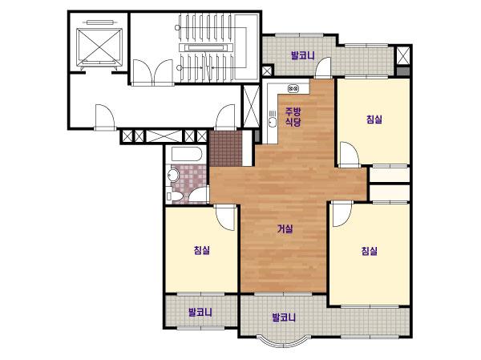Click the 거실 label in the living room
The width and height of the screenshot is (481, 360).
click(285, 229)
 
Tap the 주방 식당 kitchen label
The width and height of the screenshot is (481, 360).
click(293, 116)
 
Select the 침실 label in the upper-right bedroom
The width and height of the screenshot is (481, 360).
click(374, 119)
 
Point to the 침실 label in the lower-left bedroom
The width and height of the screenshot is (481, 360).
click(202, 250)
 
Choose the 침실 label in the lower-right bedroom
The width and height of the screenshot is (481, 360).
click(370, 251)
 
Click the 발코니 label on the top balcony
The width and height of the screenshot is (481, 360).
click(303, 55)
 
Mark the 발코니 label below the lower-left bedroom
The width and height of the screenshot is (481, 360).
click(200, 313)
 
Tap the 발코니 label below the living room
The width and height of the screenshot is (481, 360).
click(284, 317)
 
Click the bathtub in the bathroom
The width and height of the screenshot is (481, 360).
click(187, 154)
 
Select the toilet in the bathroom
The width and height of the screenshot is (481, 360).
click(174, 196)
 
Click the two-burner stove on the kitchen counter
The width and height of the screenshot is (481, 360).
click(293, 89)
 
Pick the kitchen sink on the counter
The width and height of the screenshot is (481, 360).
click(272, 119)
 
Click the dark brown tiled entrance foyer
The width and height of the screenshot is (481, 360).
click(226, 149)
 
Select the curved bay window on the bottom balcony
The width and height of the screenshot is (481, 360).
click(284, 343)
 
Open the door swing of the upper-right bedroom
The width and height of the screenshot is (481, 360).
click(349, 155)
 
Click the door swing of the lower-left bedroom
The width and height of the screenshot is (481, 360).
click(226, 217)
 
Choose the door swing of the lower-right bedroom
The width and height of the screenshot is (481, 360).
click(342, 214)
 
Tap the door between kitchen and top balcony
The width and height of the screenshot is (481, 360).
click(324, 67)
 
